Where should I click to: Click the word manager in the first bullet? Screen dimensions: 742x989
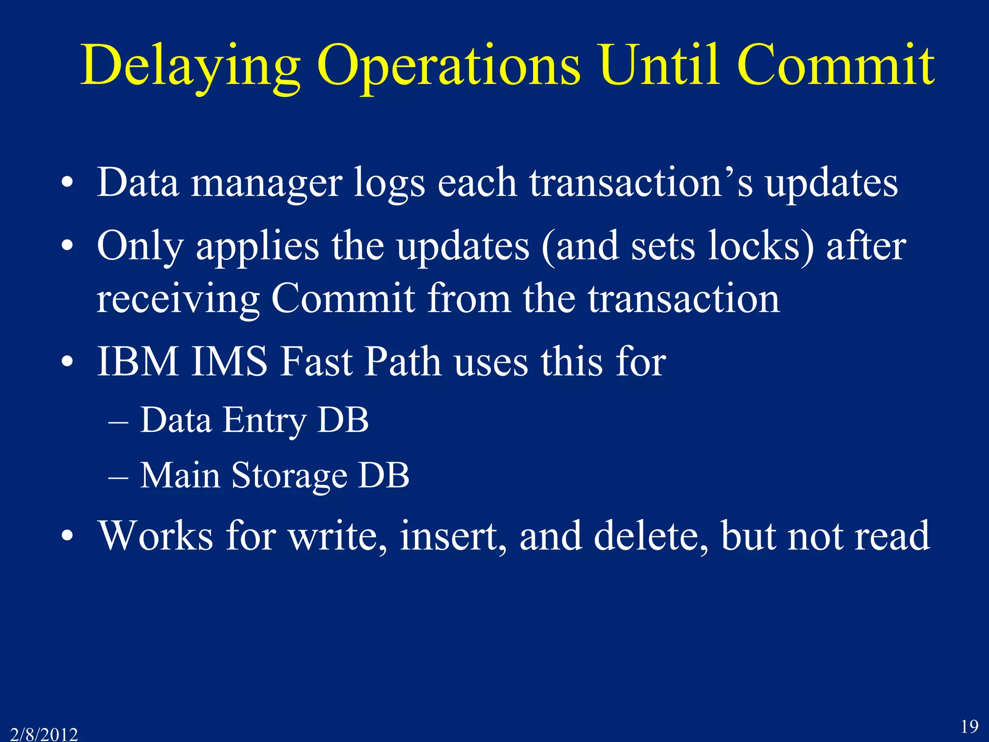tap(267, 184)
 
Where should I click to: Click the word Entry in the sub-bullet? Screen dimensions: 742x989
tap(264, 420)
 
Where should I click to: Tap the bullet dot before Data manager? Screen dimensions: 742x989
tap(68, 184)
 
